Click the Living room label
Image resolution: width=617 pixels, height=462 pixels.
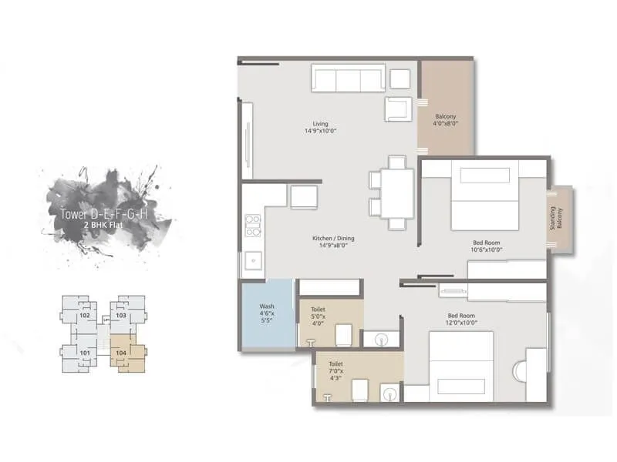[x=320, y=127]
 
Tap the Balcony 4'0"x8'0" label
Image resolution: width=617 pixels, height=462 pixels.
[x=446, y=120]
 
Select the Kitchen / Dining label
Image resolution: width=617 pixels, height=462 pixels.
[x=333, y=243]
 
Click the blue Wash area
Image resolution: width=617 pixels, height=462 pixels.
[x=267, y=316]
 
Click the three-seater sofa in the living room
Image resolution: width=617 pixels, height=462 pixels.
[x=348, y=79]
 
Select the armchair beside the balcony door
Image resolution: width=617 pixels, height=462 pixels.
[x=399, y=109]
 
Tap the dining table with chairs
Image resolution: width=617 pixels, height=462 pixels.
[x=396, y=192]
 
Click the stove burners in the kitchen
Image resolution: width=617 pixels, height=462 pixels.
[x=252, y=224]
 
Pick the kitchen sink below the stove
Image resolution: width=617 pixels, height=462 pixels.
[x=252, y=262]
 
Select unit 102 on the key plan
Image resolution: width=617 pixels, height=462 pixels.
[x=85, y=316]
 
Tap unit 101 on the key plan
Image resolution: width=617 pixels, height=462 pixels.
[x=85, y=354]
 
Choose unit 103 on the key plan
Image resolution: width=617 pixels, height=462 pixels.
[x=121, y=316]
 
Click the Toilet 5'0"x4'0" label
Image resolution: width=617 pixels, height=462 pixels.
[x=319, y=316]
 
